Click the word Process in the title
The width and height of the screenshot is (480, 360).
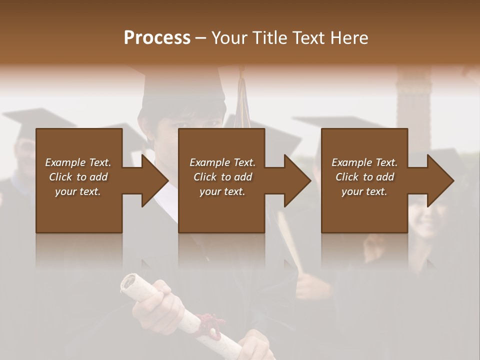pos(157,38)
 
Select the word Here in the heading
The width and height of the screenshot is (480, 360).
pos(350,38)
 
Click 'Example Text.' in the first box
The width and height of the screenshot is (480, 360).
pos(78,162)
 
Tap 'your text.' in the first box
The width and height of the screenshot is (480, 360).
pos(78,191)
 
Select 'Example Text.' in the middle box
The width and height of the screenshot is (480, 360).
pos(222,162)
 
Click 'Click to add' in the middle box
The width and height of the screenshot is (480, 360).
pos(222,177)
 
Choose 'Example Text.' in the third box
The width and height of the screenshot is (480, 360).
pos(364,162)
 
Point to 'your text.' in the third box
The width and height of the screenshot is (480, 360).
pos(364,191)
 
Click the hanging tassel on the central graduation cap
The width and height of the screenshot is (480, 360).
pos(242,100)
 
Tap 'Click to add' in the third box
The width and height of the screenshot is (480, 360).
pos(364,177)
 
